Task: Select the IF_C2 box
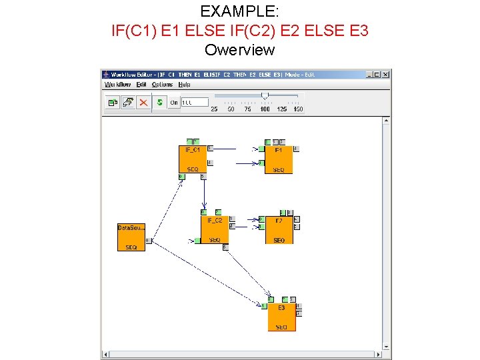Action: point(214,229)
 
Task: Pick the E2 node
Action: point(279,229)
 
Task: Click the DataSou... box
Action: point(131,237)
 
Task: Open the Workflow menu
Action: point(117,85)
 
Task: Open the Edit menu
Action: point(141,85)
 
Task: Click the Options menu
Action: point(162,85)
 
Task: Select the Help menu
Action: point(184,85)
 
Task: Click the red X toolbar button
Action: point(143,102)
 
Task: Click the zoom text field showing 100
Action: point(195,102)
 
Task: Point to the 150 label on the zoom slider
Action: point(298,109)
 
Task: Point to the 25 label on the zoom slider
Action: point(214,109)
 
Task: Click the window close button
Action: point(385,75)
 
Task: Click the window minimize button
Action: point(369,75)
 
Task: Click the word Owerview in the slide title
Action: point(239,50)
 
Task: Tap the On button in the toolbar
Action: point(174,102)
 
